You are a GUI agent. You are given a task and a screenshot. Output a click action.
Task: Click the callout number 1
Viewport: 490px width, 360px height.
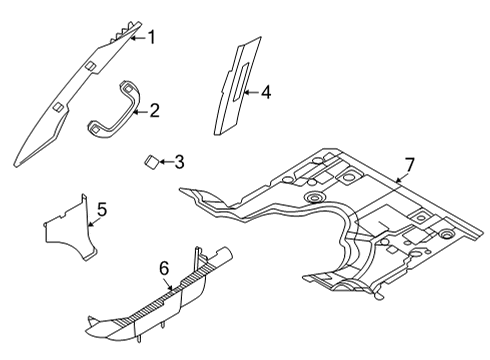[x=151, y=38]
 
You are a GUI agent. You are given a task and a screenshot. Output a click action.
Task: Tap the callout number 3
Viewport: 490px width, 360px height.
[x=178, y=160]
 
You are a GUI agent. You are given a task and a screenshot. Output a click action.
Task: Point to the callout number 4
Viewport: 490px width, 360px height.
[x=266, y=92]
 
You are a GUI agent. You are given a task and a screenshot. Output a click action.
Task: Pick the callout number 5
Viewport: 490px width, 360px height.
[x=101, y=210]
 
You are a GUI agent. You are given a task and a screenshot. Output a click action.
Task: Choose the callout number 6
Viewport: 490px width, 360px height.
[x=165, y=269]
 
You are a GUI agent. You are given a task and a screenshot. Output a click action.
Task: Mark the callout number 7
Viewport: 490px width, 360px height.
[x=409, y=163]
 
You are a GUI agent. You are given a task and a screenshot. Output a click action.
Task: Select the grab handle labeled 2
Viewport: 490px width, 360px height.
[x=115, y=108]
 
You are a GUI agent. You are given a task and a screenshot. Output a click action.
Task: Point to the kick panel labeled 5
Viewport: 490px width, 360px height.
[x=70, y=230]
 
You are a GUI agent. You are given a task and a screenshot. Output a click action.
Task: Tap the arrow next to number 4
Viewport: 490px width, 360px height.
[x=252, y=92]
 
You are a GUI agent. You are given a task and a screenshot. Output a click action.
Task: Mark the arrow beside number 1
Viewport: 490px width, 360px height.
[x=138, y=38]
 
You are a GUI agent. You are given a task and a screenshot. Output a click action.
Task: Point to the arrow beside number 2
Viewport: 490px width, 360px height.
[x=140, y=111]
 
